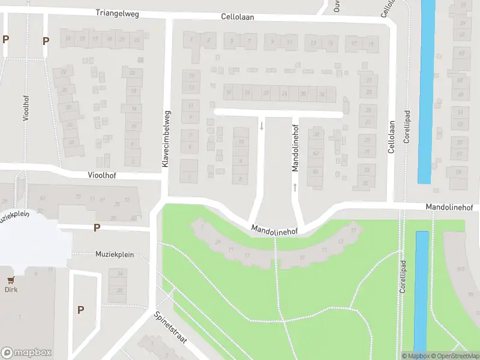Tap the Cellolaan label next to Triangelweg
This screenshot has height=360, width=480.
coord(237,17)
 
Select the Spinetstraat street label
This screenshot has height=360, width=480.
coord(170,327)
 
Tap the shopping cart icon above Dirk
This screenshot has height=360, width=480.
coord(11,280)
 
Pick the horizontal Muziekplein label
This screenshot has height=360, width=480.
coord(113,254)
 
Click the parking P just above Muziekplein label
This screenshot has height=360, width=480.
coord(96,228)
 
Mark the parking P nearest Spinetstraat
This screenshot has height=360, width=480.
coord(80,310)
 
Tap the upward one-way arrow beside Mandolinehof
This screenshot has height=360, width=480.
coord(295,188)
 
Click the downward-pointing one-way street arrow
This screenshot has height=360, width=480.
coord(261,125)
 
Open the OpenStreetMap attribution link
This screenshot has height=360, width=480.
coord(451,356)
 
